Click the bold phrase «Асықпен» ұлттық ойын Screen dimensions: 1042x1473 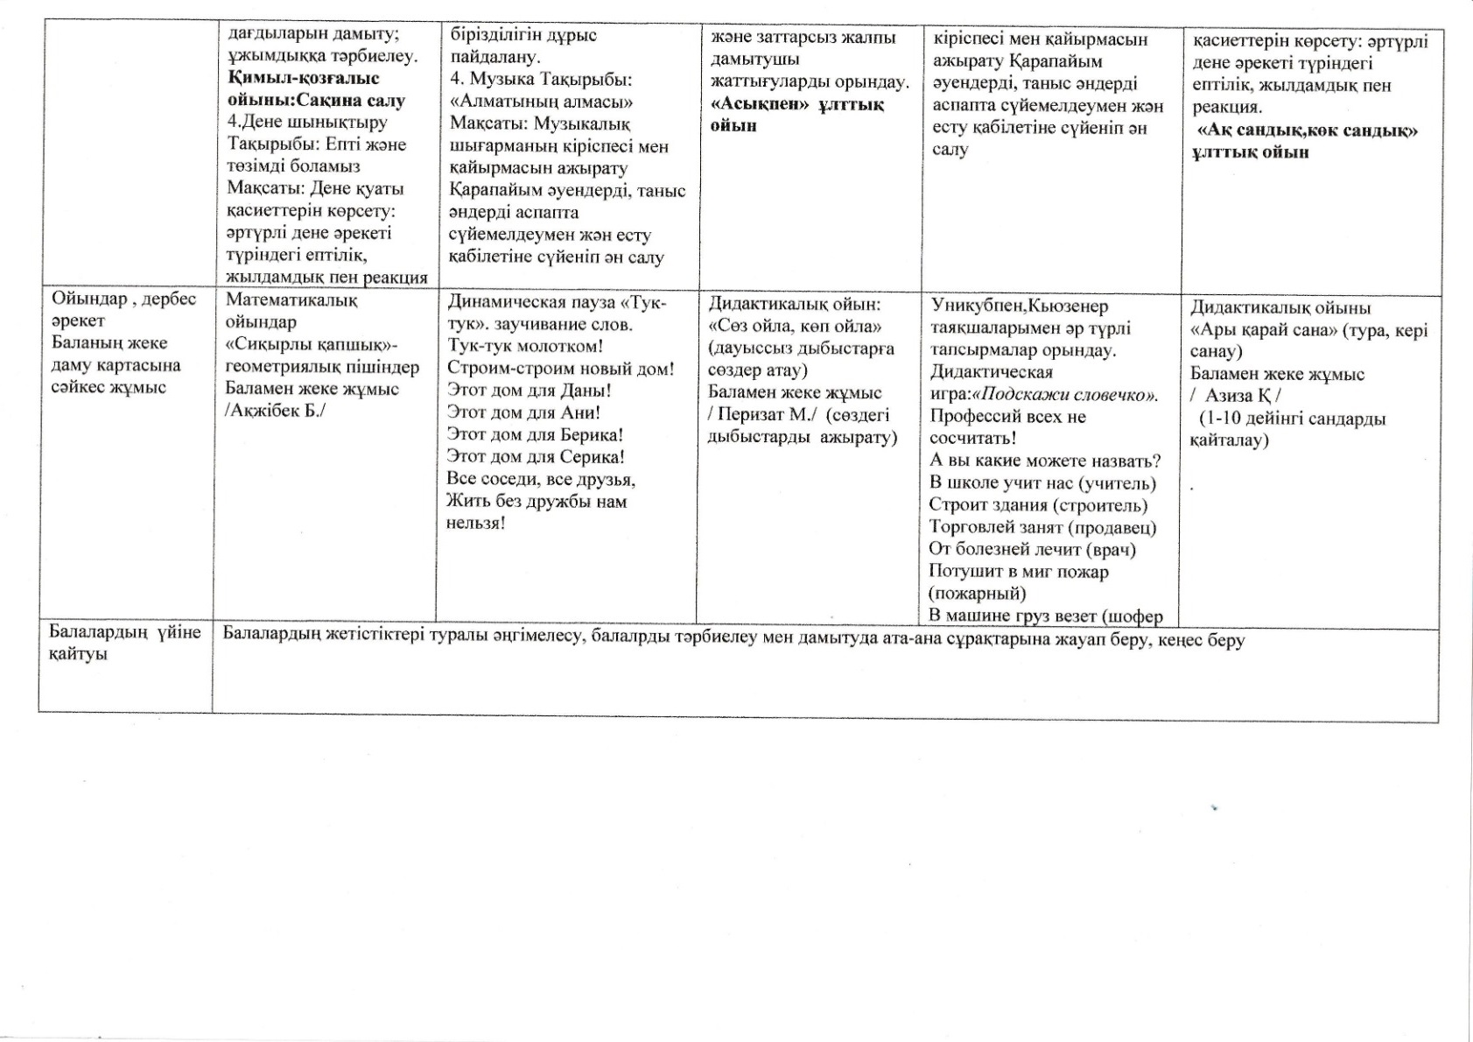(796, 115)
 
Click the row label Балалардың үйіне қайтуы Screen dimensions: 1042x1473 (124, 643)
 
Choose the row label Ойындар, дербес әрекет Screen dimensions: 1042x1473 (123, 309)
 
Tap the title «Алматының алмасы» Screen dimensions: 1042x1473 (541, 102)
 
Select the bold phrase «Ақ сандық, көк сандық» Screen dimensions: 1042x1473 (1307, 130)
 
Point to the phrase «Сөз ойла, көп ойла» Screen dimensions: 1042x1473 (794, 327)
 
